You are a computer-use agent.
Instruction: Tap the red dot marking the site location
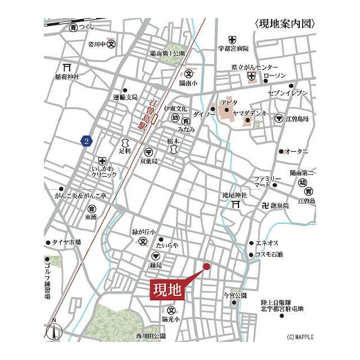(206, 266)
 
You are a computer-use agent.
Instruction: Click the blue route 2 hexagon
(86, 141)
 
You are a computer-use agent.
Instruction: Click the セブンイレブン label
(288, 93)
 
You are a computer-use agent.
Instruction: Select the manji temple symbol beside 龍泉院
(265, 206)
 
